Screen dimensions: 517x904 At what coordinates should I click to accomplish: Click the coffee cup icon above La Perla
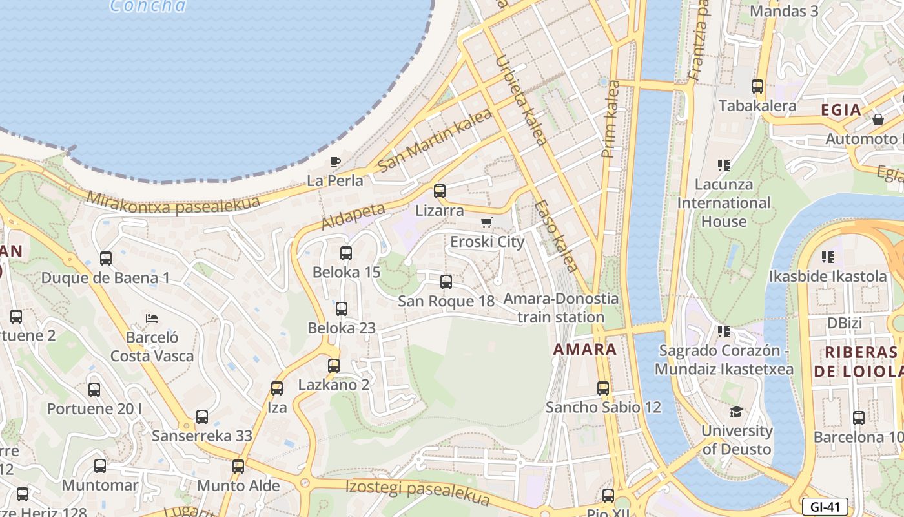(334, 162)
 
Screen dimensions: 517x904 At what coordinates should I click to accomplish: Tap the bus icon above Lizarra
(440, 191)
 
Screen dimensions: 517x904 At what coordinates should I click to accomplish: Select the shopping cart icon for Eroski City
(487, 223)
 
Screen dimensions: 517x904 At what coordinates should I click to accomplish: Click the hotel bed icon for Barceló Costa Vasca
(152, 318)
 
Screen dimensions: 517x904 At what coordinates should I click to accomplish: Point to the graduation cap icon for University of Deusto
(736, 412)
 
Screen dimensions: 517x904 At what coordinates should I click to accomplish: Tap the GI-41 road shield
(825, 507)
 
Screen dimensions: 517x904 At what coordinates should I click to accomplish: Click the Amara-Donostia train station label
(560, 308)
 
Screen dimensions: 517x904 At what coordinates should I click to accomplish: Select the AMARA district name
(585, 350)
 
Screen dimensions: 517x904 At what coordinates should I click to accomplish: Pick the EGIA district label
(841, 110)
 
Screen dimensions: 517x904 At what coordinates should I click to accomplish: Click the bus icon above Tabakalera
(757, 87)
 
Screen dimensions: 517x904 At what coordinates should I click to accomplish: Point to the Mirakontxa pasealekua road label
(172, 202)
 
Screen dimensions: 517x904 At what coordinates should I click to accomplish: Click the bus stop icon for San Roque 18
(446, 282)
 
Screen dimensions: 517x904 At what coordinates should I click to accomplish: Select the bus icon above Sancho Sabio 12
(603, 388)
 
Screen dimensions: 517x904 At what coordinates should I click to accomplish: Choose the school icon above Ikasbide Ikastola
(828, 257)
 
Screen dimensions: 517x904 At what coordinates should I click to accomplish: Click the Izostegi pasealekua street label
(418, 494)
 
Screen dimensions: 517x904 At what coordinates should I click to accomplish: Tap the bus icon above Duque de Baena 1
(106, 259)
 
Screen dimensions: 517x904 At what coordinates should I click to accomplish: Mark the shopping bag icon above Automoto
(878, 120)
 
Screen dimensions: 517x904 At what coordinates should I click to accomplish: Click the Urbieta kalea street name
(521, 100)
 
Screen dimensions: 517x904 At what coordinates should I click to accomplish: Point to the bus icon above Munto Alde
(238, 467)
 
